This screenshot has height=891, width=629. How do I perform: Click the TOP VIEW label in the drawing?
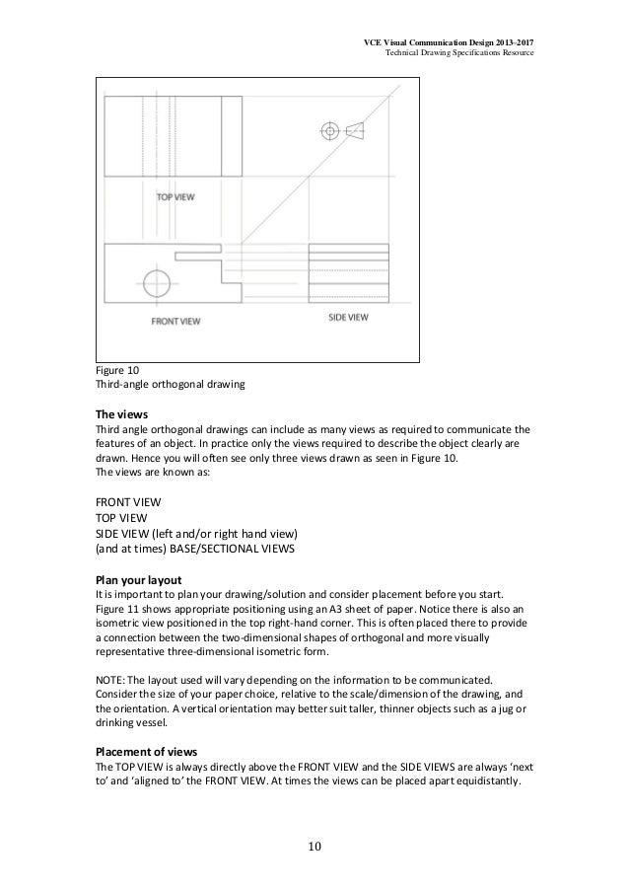pyautogui.click(x=175, y=197)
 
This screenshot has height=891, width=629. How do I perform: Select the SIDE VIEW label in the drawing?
pyautogui.click(x=348, y=318)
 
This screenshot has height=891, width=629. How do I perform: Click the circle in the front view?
pyautogui.click(x=158, y=283)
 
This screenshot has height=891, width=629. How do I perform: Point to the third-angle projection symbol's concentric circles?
pyautogui.click(x=329, y=129)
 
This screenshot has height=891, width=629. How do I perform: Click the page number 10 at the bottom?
pyautogui.click(x=314, y=847)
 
